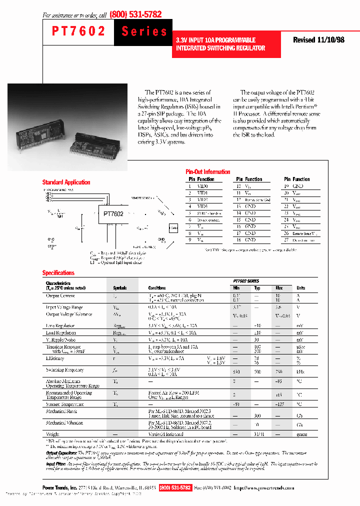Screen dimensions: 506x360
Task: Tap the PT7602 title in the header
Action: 79,31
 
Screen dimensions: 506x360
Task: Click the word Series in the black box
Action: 144,31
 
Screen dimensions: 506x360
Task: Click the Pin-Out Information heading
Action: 207,171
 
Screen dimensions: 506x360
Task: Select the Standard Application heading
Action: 66,182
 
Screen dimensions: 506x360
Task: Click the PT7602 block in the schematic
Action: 113,214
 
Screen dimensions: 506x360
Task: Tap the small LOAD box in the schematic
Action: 173,228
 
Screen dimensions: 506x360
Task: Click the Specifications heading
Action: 58,273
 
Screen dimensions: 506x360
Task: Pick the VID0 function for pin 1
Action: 202,186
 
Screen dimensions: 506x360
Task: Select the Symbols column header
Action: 120,288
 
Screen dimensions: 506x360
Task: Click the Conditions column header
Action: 157,288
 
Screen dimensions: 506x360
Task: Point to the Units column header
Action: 301,288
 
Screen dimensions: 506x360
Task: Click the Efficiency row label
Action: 55,358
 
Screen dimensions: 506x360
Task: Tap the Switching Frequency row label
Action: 64,370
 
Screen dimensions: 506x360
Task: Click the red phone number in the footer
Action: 175,487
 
